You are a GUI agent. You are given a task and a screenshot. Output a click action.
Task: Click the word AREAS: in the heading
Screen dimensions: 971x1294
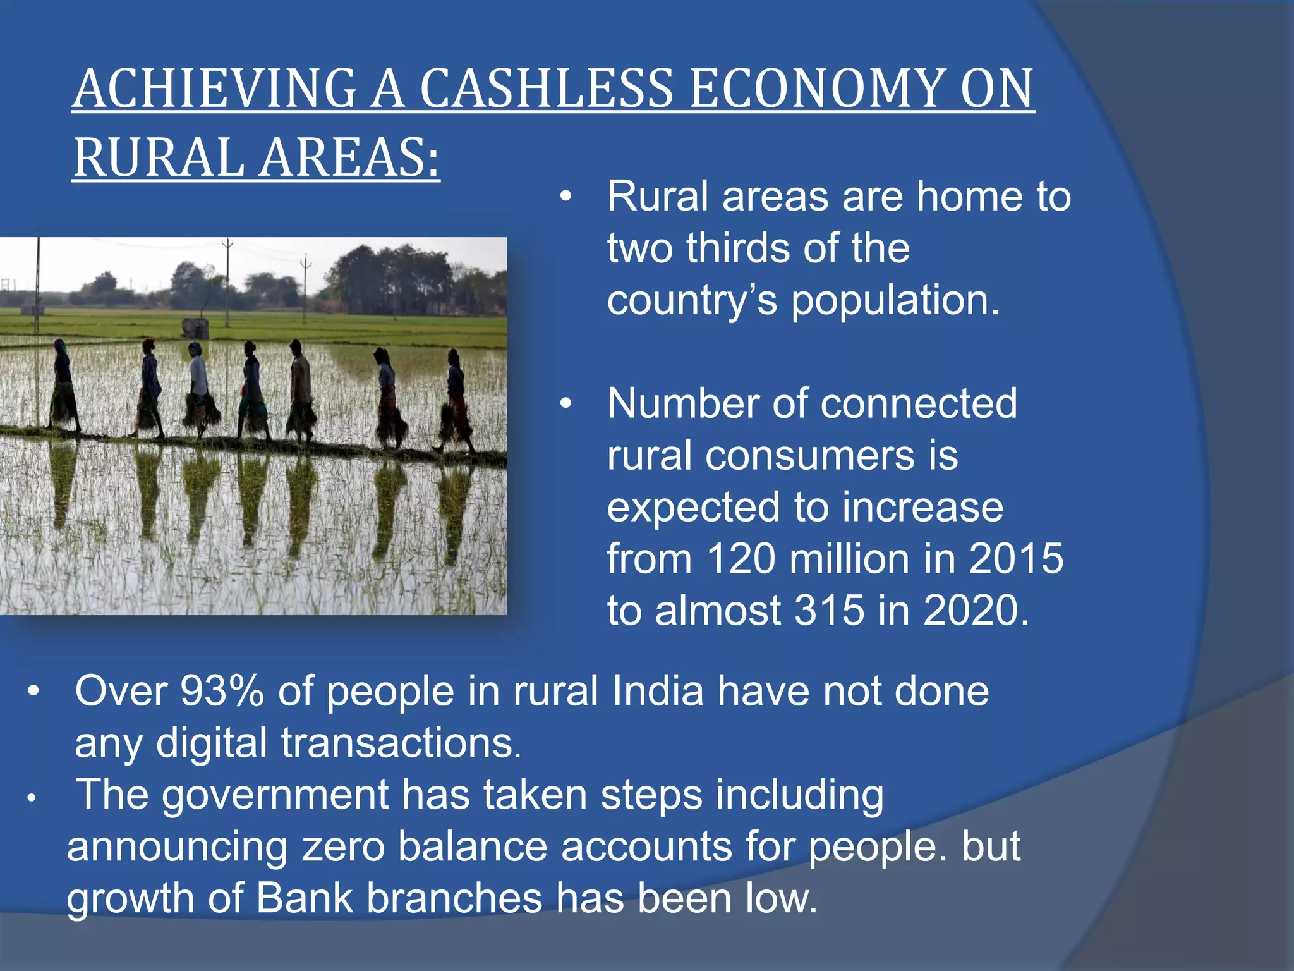[x=349, y=158]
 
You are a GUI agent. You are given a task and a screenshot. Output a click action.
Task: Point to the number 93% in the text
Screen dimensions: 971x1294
[x=222, y=691]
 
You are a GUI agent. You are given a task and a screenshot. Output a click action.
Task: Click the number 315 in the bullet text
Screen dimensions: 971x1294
[x=829, y=611]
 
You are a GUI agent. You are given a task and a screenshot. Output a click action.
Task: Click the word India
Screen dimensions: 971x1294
[x=657, y=691]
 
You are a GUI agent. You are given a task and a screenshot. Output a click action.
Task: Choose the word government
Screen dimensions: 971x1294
[x=275, y=795]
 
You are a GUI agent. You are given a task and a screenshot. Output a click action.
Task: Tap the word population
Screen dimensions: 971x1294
[x=895, y=300]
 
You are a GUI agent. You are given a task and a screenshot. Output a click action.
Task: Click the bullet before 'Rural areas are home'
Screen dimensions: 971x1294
[x=565, y=197]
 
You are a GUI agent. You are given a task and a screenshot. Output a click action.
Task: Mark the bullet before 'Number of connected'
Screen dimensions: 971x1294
[x=565, y=404]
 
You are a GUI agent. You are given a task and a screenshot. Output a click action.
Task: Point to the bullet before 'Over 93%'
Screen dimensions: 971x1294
[x=33, y=692]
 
